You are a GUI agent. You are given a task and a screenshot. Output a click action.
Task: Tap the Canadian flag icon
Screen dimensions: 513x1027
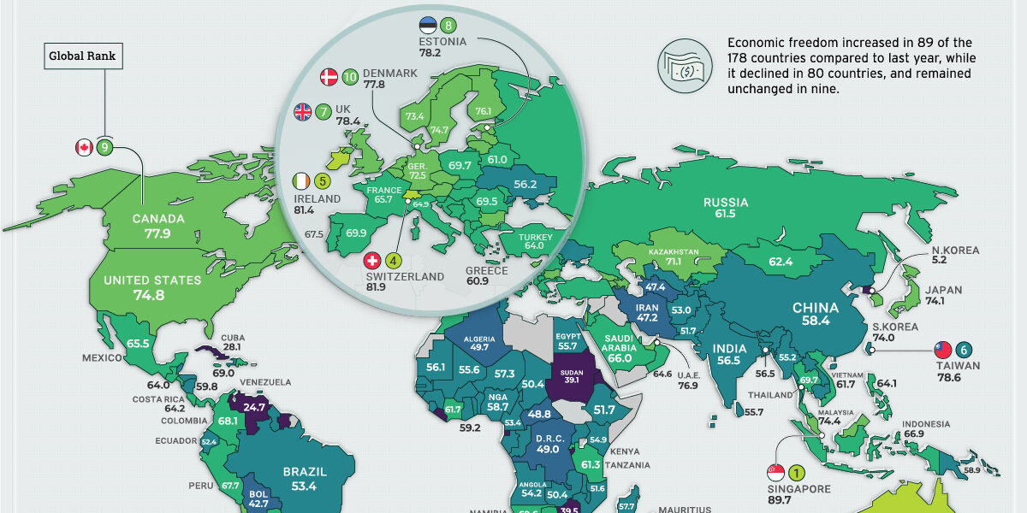(x=84, y=148)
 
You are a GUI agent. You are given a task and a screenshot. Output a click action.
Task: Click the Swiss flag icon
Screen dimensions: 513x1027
(x=372, y=260)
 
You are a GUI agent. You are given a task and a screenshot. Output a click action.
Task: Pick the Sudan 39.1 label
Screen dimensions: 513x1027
(x=570, y=379)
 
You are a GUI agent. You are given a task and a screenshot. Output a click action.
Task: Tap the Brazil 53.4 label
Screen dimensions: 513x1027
(x=304, y=479)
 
